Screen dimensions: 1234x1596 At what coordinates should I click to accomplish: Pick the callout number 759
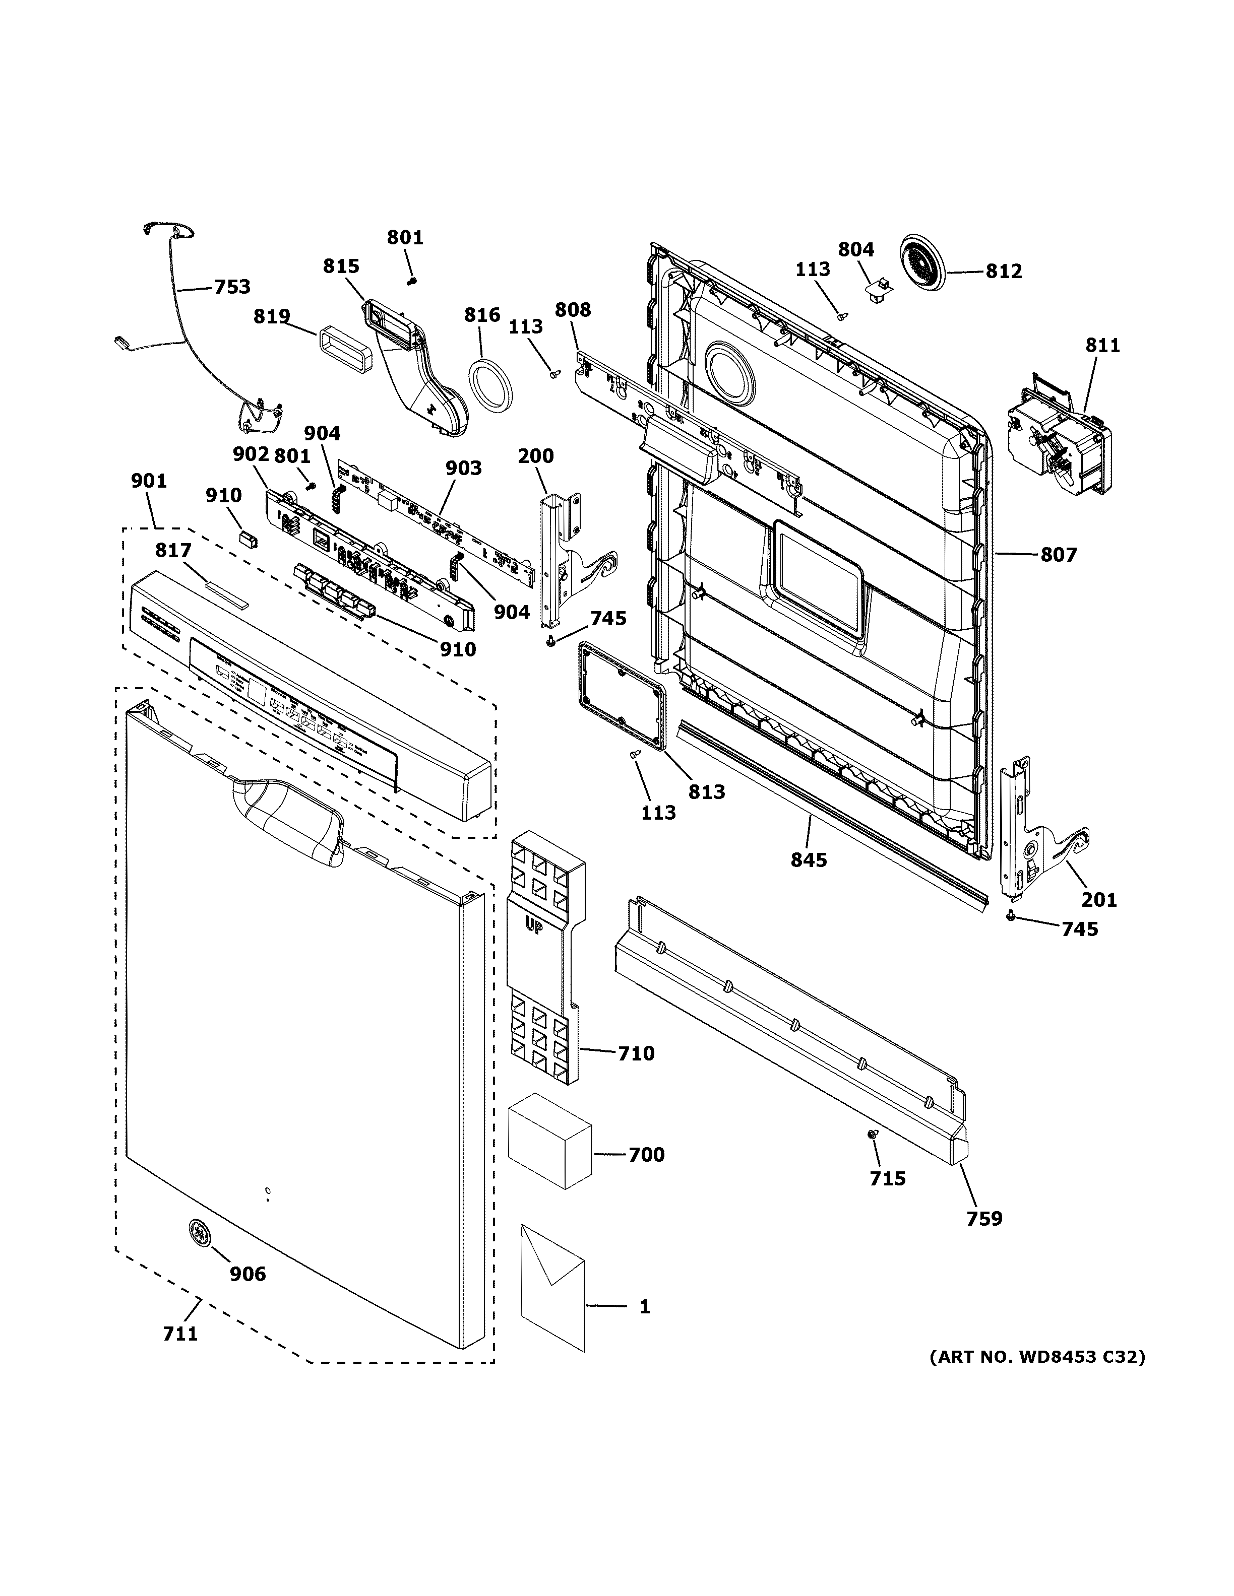[x=984, y=1218]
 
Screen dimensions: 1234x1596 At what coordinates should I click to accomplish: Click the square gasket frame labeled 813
[x=622, y=694]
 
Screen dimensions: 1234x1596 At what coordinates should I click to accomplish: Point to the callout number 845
[x=808, y=860]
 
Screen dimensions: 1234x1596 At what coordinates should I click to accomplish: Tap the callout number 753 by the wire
[x=232, y=287]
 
